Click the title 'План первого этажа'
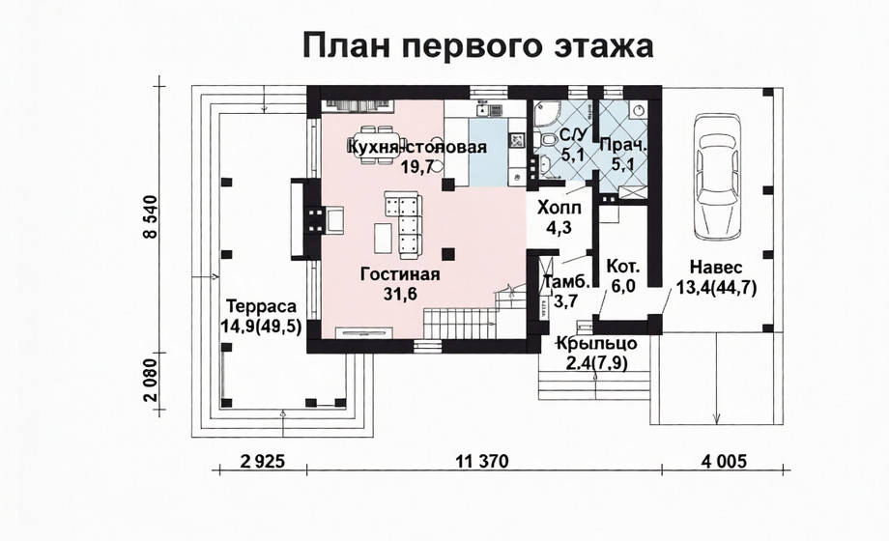478,45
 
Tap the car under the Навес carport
718,177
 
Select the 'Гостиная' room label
400,274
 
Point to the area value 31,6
400,295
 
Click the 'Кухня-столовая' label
417,147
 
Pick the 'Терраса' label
261,306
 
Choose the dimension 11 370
482,462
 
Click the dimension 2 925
262,462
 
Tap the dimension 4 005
724,462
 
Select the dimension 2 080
150,381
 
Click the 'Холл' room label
559,207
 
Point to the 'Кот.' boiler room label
623,266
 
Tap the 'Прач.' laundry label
623,145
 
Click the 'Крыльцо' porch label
596,344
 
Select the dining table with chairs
378,145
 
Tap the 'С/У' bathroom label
573,135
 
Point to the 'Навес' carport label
716,267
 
